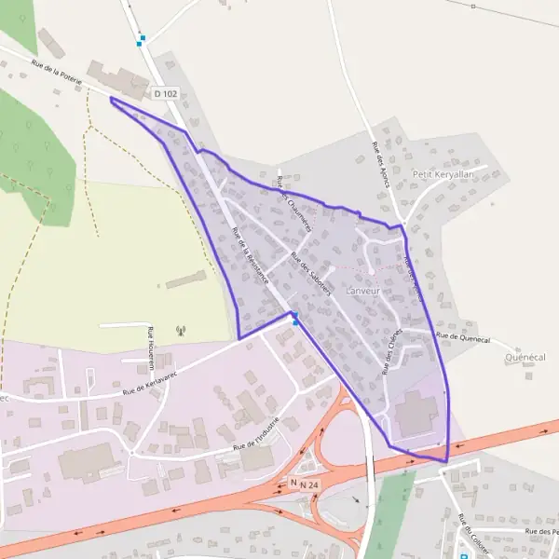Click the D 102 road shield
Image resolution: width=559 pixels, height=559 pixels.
pyautogui.click(x=165, y=94)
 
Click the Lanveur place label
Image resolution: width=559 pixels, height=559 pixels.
pyautogui.click(x=364, y=291)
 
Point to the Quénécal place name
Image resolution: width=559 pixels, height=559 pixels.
pyautogui.click(x=524, y=358)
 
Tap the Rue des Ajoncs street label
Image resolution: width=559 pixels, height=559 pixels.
pyautogui.click(x=380, y=164)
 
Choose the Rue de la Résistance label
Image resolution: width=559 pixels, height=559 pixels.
pyautogui.click(x=251, y=255)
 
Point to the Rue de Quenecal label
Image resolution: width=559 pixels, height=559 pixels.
pyautogui.click(x=462, y=336)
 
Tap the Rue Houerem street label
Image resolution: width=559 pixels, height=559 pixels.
pyautogui.click(x=150, y=348)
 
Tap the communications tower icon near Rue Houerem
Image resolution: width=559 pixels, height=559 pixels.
pyautogui.click(x=181, y=331)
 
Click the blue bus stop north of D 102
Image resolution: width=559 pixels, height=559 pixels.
pyautogui.click(x=141, y=41)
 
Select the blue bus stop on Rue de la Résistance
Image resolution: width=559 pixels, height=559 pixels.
pyautogui.click(x=295, y=321)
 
